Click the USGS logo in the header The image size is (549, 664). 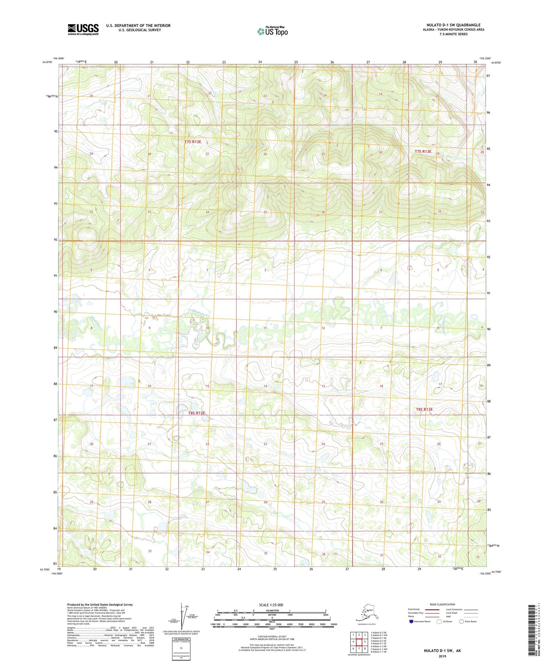pyautogui.click(x=83, y=29)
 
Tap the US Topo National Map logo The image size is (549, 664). pyautogui.click(x=272, y=31)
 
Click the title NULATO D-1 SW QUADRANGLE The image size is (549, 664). pyautogui.click(x=453, y=25)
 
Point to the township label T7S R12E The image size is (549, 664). pyautogui.click(x=193, y=142)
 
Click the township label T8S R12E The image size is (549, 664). pyautogui.click(x=196, y=413)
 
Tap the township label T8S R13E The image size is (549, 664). pyautogui.click(x=424, y=409)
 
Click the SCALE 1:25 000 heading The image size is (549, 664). pyautogui.click(x=271, y=605)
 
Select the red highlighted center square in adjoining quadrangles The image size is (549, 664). pyautogui.click(x=359, y=642)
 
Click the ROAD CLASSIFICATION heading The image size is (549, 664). pyautogui.click(x=442, y=604)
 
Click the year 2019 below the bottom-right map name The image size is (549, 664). pyautogui.click(x=442, y=656)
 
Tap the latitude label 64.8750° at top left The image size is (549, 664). pyautogui.click(x=47, y=62)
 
